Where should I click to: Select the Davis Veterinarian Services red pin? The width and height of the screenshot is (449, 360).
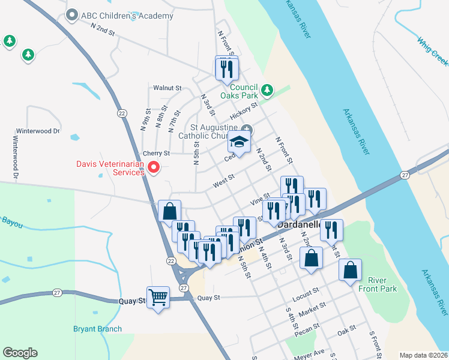pos(154,167)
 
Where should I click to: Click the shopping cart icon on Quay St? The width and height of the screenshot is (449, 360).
pos(158,296)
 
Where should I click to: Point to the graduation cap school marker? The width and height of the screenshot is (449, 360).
pos(238,142)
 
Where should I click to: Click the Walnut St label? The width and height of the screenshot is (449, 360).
pos(167,88)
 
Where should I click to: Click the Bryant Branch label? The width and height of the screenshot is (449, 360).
pos(97,329)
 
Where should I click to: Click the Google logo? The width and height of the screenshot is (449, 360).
pos(20,353)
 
